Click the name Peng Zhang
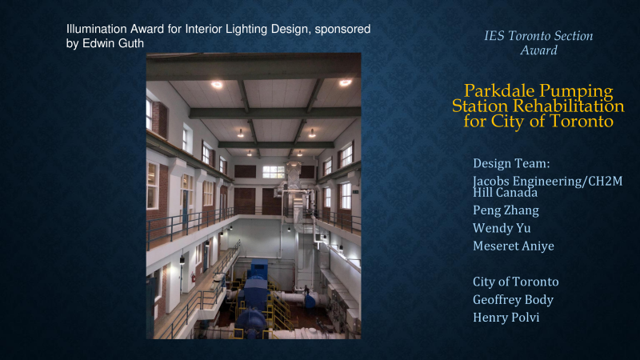point(506,210)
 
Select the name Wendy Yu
point(502,228)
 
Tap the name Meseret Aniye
point(514,246)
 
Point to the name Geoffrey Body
point(513,299)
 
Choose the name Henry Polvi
point(506,317)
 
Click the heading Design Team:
point(511,163)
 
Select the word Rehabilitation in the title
point(569,106)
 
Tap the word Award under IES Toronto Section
point(538,50)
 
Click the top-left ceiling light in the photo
point(217,85)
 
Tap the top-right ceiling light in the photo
point(345,83)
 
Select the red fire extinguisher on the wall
point(194,278)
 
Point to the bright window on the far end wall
point(273,172)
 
